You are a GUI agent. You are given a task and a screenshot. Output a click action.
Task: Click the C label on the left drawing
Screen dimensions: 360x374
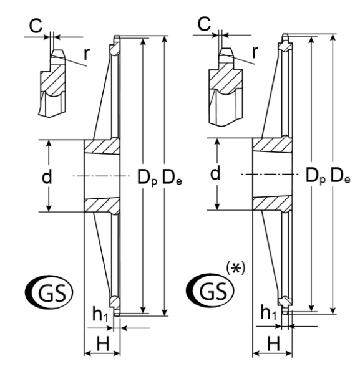(36, 26)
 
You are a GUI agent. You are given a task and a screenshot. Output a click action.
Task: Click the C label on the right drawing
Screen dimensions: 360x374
(204, 24)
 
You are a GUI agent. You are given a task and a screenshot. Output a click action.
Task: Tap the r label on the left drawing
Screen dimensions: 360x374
(87, 54)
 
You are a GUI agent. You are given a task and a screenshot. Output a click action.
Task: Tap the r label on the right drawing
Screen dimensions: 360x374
(255, 52)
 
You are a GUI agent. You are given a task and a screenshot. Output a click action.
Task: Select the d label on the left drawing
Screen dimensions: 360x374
(47, 176)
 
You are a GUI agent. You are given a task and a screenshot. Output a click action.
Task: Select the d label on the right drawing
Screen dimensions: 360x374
(215, 173)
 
